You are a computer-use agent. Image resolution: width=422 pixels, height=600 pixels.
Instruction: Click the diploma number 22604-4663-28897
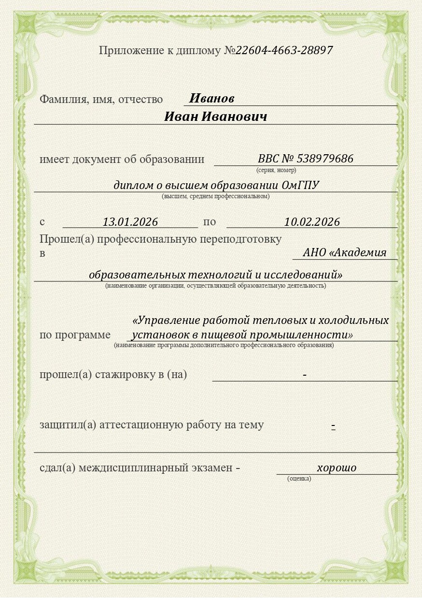tap(284, 50)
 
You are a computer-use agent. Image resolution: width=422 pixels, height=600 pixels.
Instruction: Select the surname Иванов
tap(211, 99)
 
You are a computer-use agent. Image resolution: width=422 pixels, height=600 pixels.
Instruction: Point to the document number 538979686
tap(325, 159)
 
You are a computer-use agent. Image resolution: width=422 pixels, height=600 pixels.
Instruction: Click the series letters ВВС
tap(268, 159)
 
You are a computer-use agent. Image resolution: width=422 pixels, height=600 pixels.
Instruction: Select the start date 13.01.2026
tap(130, 222)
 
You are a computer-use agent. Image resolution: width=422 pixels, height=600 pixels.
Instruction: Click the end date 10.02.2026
tap(312, 222)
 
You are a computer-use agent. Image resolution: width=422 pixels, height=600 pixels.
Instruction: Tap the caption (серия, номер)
tap(276, 170)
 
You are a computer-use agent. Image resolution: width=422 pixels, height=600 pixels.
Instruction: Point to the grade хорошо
tap(337, 468)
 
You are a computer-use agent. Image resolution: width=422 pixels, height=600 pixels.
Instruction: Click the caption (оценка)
tap(299, 478)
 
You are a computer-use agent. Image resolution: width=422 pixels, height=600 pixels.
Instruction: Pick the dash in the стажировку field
tap(305, 375)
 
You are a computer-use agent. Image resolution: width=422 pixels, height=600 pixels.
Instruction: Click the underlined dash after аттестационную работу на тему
tap(333, 425)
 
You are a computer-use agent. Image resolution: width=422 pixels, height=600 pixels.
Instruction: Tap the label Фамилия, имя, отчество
tap(101, 99)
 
